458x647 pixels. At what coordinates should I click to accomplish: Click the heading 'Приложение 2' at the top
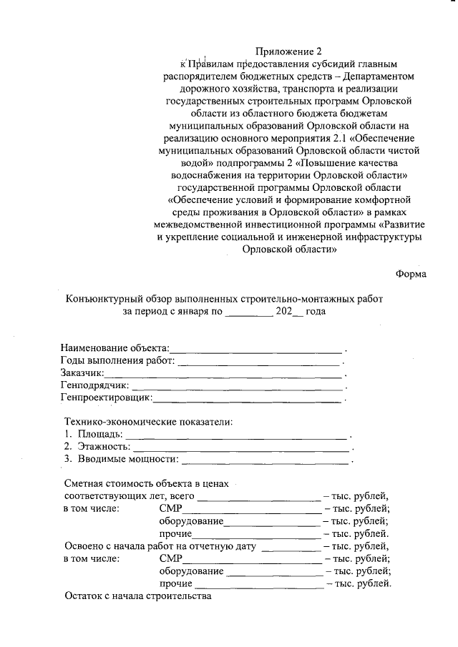(289, 51)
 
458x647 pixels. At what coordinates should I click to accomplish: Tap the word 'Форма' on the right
(411, 275)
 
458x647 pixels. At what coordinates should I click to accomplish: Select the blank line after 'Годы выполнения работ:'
(259, 360)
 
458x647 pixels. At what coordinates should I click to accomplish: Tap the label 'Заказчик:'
(82, 372)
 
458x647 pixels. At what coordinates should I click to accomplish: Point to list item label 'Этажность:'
(104, 446)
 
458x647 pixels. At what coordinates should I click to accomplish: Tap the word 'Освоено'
(84, 546)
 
